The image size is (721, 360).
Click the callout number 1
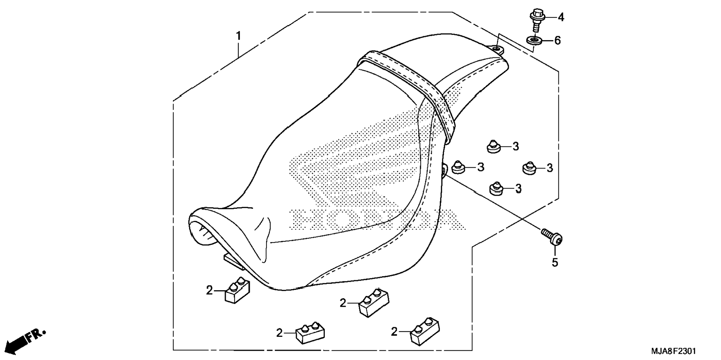238,36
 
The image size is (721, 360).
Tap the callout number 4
561,17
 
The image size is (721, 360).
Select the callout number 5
555,263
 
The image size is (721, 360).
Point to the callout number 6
557,40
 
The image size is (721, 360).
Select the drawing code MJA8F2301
673,351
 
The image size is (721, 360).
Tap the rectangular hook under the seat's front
233,260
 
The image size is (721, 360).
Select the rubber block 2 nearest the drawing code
424,331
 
